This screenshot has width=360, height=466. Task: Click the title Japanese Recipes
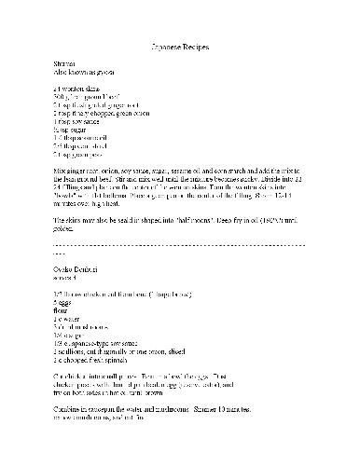pos(180,46)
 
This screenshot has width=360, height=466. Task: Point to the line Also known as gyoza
pos(85,70)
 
